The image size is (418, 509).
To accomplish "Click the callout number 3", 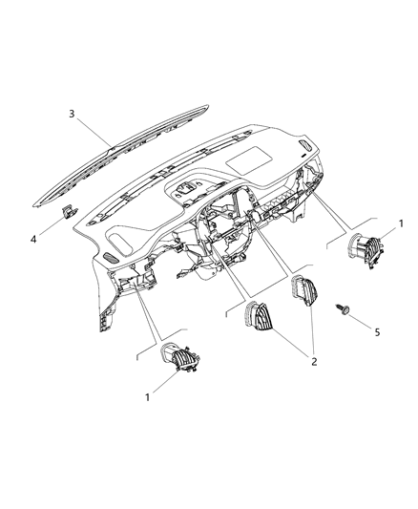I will (x=72, y=114).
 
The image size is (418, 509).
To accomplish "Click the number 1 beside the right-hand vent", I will (x=401, y=222).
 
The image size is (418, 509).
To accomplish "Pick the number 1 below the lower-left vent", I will (x=148, y=394).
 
